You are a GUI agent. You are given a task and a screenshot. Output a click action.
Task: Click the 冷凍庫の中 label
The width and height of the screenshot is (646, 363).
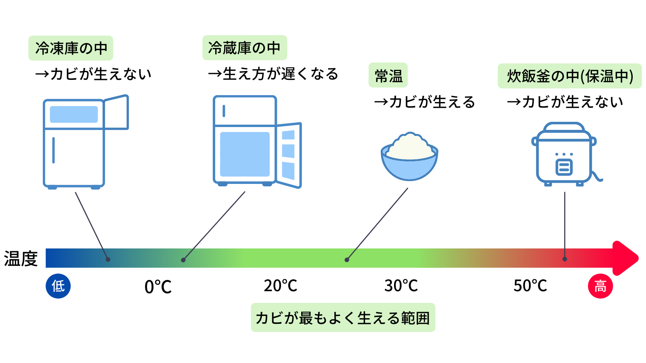71,48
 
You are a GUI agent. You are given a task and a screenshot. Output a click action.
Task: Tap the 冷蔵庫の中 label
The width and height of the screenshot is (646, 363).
245,48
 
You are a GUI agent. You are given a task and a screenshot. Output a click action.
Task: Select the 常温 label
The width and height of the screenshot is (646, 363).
388,75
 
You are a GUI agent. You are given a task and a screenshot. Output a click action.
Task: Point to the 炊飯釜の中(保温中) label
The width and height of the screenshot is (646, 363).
570,76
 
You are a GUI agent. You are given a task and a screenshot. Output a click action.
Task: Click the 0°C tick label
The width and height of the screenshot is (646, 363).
158,287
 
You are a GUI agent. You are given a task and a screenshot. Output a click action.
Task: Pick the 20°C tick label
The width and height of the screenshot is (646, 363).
280,286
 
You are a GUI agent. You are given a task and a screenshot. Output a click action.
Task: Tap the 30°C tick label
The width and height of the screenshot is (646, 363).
401,286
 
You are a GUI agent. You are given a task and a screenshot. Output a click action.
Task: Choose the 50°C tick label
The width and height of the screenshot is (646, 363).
530,286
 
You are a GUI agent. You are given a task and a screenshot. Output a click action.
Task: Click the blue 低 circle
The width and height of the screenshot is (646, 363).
58,286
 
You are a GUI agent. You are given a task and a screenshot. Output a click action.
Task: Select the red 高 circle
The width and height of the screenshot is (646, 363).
600,286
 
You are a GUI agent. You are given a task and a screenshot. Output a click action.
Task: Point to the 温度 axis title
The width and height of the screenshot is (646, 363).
21,259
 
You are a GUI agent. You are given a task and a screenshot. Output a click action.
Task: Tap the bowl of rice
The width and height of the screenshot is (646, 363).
409,156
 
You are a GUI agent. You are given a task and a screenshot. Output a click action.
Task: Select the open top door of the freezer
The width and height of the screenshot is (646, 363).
116,112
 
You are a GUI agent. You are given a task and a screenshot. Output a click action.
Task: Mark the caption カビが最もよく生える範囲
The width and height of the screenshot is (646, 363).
343,318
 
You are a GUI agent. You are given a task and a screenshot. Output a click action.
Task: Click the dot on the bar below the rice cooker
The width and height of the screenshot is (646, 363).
565,259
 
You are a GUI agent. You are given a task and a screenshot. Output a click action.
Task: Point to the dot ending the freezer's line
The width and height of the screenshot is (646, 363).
108,260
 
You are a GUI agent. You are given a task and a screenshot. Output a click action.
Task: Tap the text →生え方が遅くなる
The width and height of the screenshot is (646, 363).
273,74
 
